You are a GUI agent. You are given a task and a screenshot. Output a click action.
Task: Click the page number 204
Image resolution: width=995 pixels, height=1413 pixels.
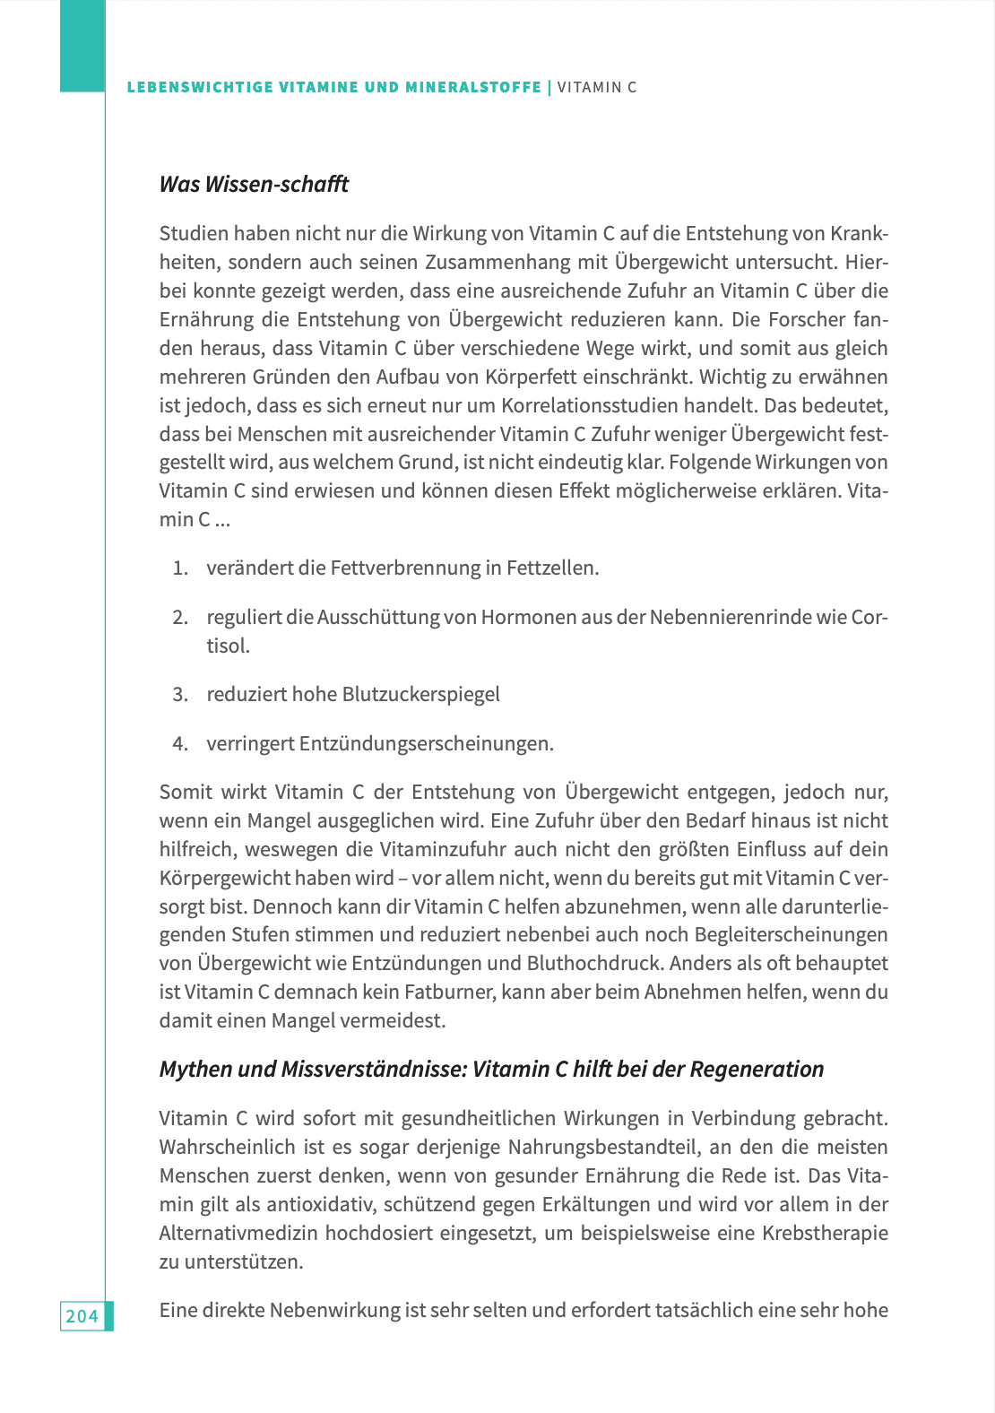(82, 1315)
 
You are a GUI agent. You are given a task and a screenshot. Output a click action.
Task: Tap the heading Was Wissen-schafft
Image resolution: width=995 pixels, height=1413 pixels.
(254, 184)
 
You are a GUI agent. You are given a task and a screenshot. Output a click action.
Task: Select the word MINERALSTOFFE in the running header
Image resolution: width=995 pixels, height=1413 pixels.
(473, 87)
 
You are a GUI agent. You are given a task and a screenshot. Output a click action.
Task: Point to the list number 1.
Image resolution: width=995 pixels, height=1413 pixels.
(180, 568)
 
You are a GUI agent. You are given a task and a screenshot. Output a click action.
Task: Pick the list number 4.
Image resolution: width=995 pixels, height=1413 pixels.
(180, 743)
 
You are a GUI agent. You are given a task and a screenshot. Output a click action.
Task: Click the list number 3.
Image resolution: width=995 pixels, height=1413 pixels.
(180, 694)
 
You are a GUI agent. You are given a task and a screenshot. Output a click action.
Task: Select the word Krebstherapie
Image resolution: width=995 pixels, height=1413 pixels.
(825, 1233)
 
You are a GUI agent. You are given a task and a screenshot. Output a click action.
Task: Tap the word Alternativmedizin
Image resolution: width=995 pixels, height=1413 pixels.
(238, 1233)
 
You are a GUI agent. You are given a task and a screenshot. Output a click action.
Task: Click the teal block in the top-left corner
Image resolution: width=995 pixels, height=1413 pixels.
(82, 45)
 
